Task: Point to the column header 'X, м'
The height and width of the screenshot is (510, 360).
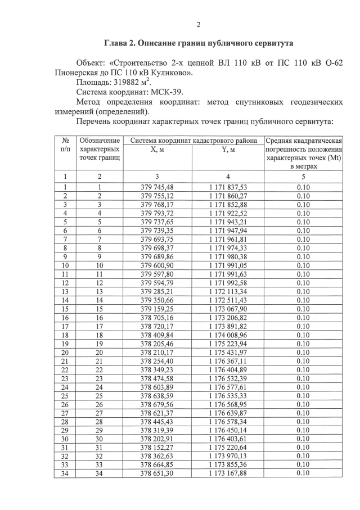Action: [157, 150]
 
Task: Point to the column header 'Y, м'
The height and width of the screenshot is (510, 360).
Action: [228, 150]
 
